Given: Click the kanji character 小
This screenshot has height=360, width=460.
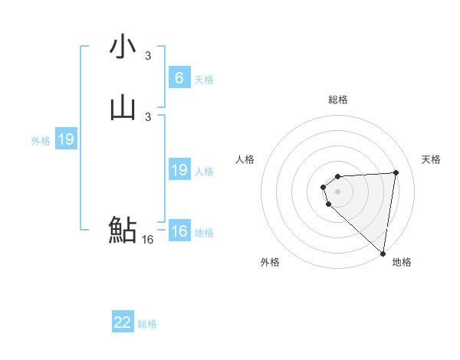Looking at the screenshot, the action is point(123,47).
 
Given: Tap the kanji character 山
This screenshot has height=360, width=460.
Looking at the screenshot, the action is point(123,109).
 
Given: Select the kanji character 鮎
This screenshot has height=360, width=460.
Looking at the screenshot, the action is point(123,230).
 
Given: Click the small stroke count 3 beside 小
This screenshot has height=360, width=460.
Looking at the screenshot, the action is point(148,55).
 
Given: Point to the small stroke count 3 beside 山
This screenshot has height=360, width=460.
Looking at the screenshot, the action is point(148,117).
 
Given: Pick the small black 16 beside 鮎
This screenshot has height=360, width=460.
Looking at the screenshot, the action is point(148,240).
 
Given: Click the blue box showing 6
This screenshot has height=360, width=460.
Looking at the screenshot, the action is point(179,78).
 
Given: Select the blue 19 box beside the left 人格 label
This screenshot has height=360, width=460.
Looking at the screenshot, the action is point(179,170).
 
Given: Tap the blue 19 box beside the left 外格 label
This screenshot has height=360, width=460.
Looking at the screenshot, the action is point(65,139).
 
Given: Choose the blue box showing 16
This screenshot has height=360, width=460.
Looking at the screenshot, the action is point(179,231).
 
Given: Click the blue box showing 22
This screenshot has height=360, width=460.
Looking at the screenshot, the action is point(123,322).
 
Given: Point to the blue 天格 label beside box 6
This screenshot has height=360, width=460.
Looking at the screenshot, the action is point(203,80).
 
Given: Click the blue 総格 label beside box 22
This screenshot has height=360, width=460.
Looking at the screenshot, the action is point(147,324).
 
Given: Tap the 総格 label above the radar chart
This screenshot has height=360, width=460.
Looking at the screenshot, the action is point(338,100).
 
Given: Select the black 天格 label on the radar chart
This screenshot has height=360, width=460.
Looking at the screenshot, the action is point(431,159).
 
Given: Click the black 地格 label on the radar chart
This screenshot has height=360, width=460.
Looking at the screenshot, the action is point(402,263).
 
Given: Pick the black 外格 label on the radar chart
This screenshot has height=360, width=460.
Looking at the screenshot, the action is point(270,263).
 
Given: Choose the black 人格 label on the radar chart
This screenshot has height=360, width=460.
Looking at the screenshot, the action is point(245,159).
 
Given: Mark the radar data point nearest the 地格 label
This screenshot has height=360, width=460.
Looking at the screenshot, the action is point(383,254).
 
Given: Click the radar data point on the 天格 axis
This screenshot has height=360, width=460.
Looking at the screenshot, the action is point(396,172).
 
